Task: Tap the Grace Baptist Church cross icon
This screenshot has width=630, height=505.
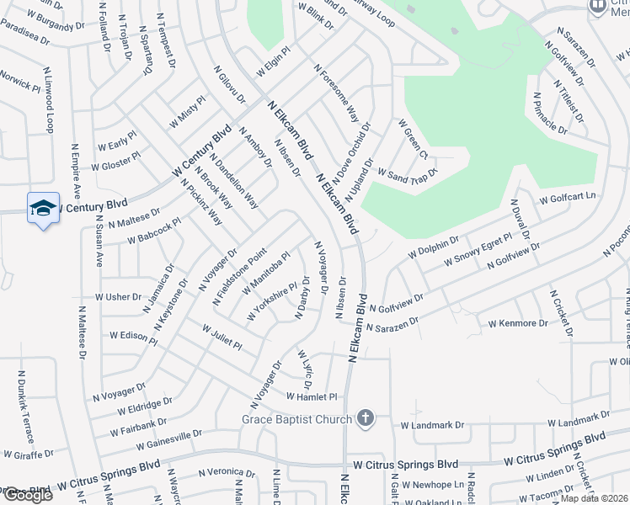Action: (365, 418)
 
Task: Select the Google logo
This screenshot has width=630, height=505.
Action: (27, 495)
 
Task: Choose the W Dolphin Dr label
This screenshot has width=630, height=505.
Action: (433, 246)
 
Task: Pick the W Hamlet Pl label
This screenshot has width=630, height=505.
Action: (312, 396)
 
